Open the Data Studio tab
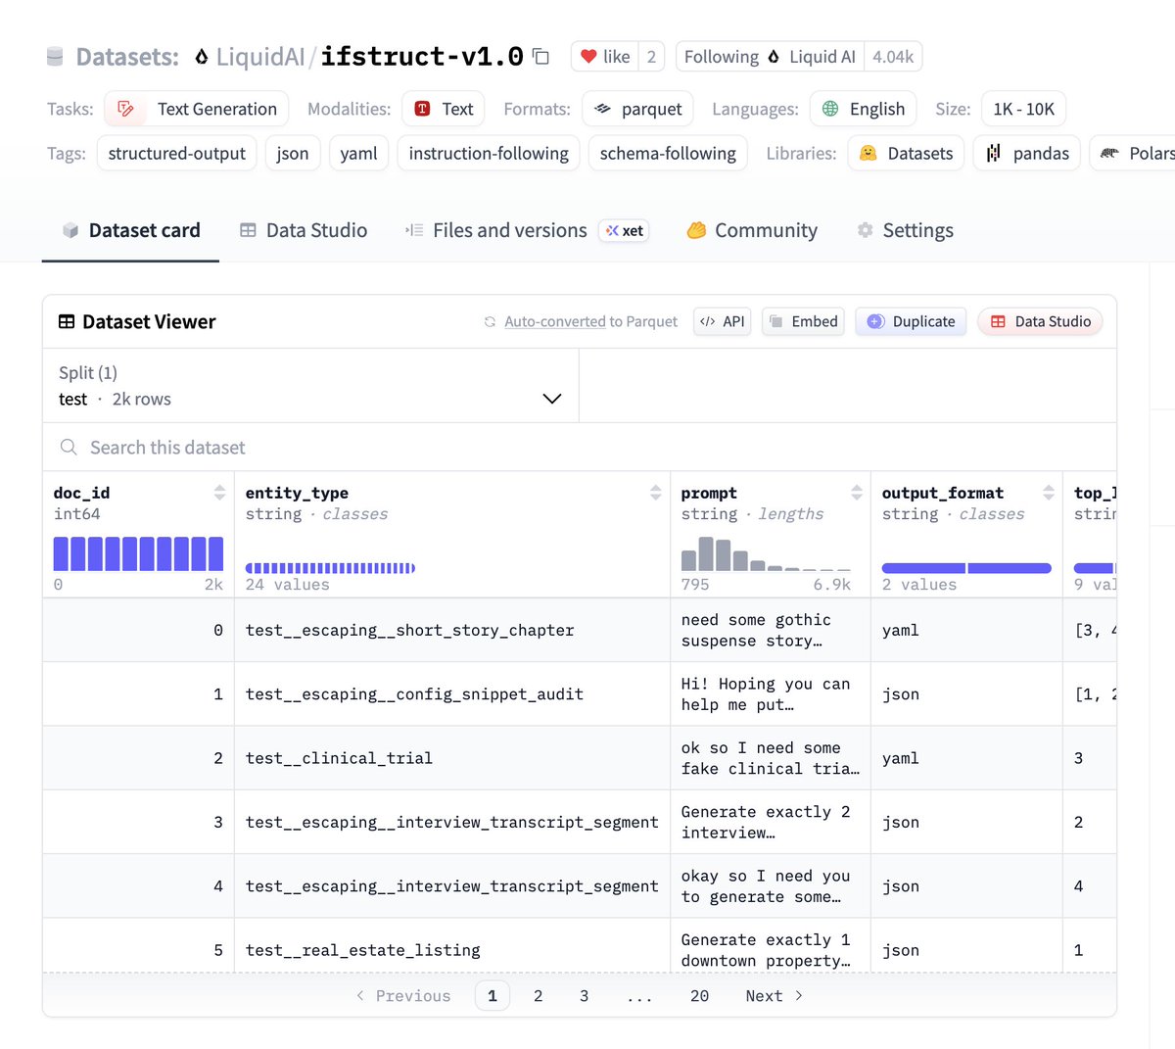304,230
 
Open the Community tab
752,230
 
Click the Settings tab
905,230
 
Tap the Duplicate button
911,321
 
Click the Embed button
803,321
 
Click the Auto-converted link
554,321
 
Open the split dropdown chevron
551,399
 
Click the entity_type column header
297,493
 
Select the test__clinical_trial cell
339,758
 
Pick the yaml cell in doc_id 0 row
901,630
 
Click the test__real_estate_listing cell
362,950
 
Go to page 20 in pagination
699,996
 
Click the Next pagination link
774,996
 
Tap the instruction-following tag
489,153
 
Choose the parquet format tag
637,109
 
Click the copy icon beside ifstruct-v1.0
540,56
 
